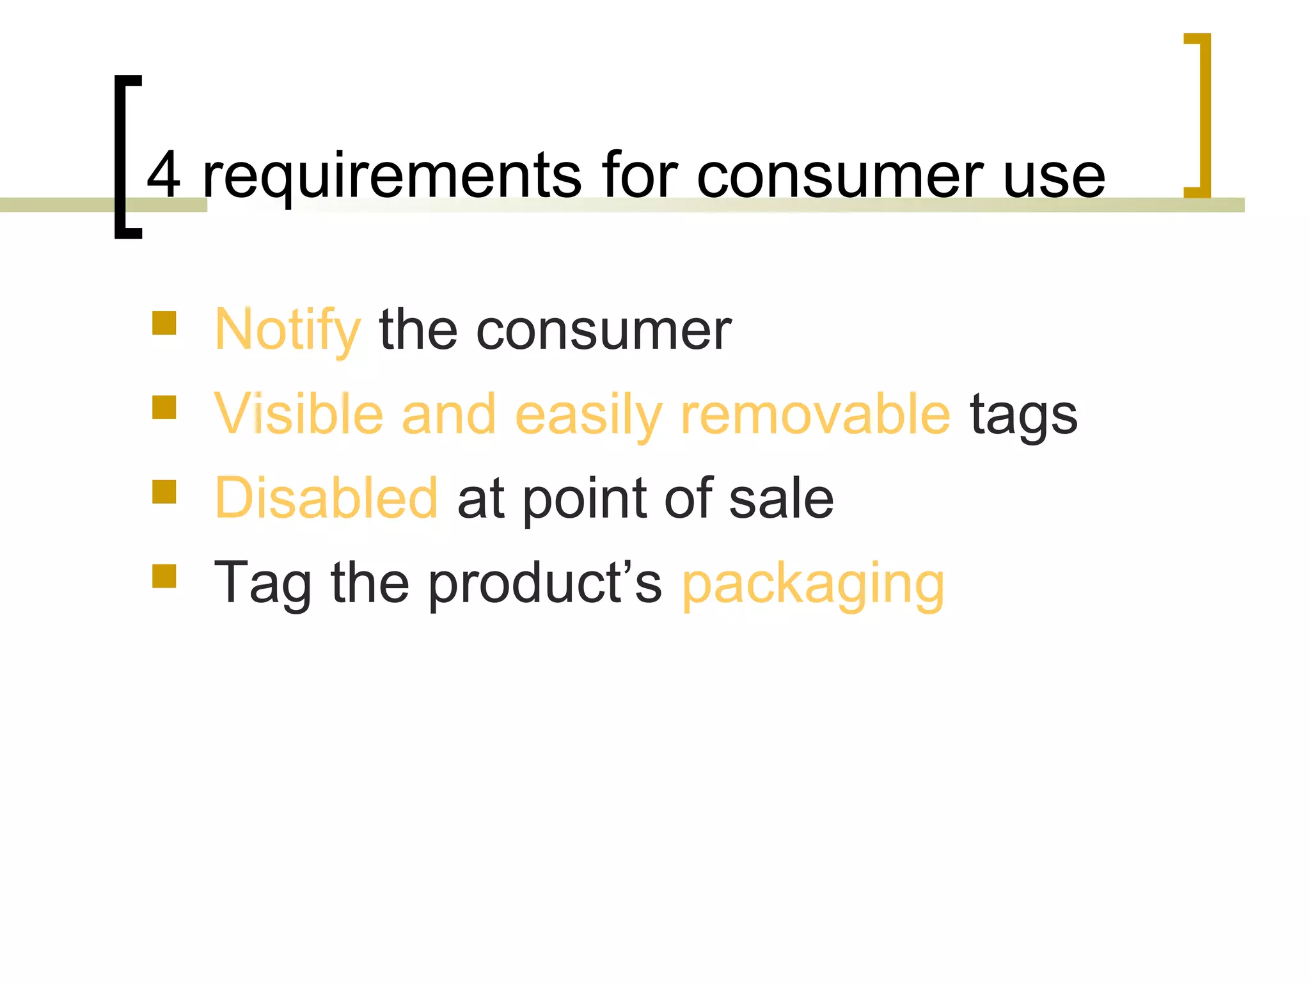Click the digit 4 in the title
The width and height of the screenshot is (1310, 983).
click(164, 175)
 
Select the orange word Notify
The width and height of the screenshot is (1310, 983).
click(287, 330)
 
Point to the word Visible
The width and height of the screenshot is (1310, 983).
click(298, 414)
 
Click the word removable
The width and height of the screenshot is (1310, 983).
click(816, 414)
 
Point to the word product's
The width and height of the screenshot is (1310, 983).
click(544, 584)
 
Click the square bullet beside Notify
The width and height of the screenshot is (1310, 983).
click(164, 323)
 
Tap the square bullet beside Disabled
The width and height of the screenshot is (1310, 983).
click(164, 492)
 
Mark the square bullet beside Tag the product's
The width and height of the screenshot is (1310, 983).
click(164, 576)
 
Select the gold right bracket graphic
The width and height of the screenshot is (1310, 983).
click(1203, 115)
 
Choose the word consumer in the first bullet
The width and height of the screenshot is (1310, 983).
click(603, 331)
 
